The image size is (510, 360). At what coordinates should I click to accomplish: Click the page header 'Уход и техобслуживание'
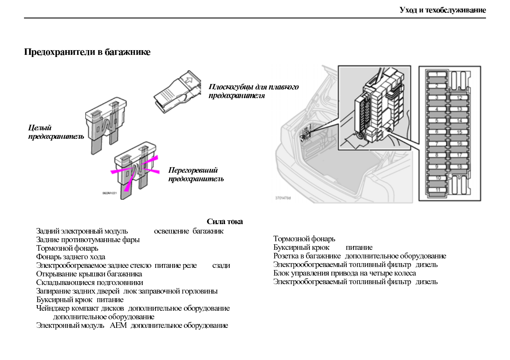442,10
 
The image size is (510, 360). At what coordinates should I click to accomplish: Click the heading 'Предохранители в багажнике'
87,52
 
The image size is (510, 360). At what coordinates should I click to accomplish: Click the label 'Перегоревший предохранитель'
196,174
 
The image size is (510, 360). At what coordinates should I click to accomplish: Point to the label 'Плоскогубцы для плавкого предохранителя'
253,91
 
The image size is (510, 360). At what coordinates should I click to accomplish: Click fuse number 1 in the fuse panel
437,75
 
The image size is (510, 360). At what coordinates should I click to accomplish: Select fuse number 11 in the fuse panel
437,189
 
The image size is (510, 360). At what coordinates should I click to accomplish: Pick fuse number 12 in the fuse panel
459,98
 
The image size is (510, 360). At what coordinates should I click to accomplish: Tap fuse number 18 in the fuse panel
459,167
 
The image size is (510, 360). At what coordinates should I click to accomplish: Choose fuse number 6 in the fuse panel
437,132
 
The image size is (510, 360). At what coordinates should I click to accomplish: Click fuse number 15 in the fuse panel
459,132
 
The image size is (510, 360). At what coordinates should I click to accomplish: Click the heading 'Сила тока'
225,222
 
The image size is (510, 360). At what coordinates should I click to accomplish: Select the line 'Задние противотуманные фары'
88,240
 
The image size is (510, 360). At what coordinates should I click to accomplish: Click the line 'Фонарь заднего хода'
71,257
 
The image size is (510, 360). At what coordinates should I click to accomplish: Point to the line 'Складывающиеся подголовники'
90,282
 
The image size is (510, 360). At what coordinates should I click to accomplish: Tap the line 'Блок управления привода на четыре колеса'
345,273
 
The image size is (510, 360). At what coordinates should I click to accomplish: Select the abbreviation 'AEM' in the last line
116,325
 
